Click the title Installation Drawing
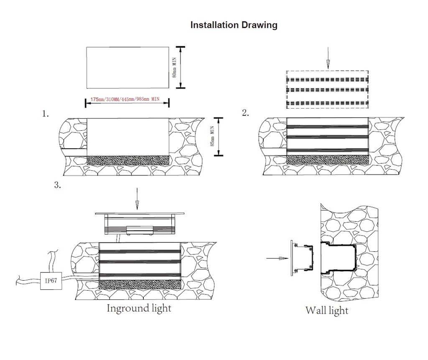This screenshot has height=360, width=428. (234, 25)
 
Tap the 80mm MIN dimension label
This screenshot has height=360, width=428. (175, 67)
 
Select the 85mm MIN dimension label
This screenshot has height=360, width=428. (213, 137)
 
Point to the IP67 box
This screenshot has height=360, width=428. (51, 280)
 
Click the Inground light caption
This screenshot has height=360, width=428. (139, 309)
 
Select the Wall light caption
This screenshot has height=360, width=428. (326, 310)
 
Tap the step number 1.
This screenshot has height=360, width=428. (46, 114)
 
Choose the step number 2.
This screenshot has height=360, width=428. (245, 113)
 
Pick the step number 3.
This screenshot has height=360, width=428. (58, 185)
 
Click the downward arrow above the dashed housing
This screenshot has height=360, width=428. (328, 58)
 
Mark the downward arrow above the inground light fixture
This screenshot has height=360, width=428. (137, 200)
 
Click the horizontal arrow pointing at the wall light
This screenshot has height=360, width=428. (277, 258)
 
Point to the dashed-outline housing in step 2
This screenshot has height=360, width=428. (327, 90)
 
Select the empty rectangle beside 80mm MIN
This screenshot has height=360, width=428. (127, 67)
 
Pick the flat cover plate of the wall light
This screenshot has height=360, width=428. (291, 258)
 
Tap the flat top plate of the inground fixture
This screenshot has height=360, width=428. (140, 213)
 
